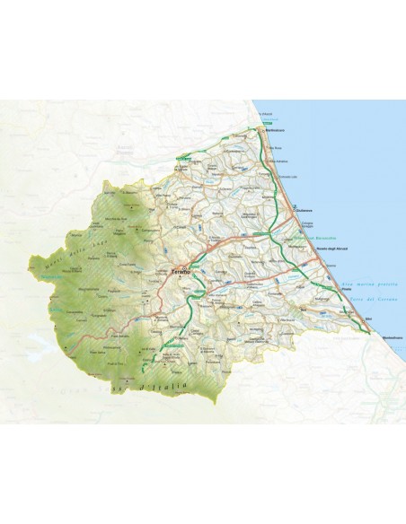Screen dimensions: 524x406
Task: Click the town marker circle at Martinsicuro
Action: click(x=260, y=133)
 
